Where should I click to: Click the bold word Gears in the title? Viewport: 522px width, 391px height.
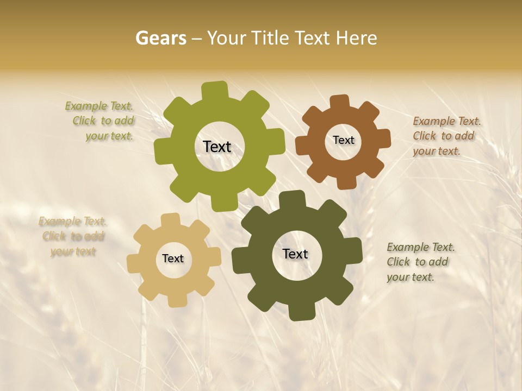coord(160,38)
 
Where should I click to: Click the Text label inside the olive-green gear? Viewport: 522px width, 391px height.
coord(217,147)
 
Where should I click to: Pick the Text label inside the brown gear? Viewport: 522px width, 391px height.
coord(343,140)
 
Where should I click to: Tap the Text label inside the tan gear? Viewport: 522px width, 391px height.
coord(173,259)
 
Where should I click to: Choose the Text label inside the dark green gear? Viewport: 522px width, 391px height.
coord(295,254)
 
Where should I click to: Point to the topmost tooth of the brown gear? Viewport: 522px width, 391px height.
coord(340,102)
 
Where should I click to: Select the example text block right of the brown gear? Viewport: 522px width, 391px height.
coord(446,136)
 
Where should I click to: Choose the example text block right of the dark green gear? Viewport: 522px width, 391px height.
coord(420,262)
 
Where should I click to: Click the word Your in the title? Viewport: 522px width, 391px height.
coord(226,38)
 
